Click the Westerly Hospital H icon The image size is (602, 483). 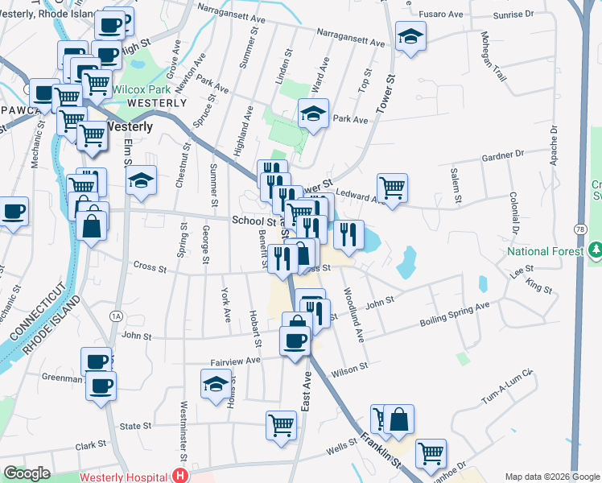click(180, 475)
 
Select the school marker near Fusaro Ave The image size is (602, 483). click(410, 35)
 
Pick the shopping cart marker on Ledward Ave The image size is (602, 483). click(392, 188)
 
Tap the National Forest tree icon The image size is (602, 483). click(594, 251)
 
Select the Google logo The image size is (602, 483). click(27, 473)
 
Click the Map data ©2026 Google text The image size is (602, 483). click(551, 477)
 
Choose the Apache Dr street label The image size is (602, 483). click(554, 146)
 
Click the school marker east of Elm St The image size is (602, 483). click(141, 180)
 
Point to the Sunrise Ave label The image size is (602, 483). click(526, 14)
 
